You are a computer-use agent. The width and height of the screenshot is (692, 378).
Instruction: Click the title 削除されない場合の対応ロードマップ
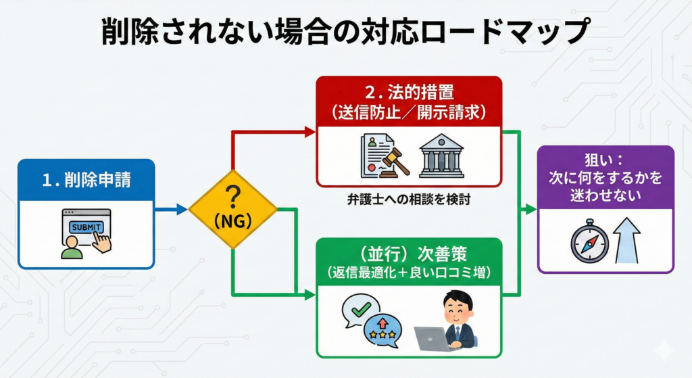pyautogui.click(x=345, y=32)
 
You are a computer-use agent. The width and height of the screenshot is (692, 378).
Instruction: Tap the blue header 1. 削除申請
pyautogui.click(x=86, y=180)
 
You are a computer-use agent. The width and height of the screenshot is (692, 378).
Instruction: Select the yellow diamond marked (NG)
pyautogui.click(x=232, y=209)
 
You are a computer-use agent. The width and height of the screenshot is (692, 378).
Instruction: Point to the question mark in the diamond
pyautogui.click(x=232, y=197)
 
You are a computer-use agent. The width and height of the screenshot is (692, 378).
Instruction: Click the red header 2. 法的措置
pyautogui.click(x=409, y=101)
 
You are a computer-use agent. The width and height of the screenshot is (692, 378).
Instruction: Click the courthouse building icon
pyautogui.click(x=441, y=156)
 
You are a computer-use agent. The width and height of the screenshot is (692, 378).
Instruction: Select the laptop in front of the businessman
pyautogui.click(x=432, y=339)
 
